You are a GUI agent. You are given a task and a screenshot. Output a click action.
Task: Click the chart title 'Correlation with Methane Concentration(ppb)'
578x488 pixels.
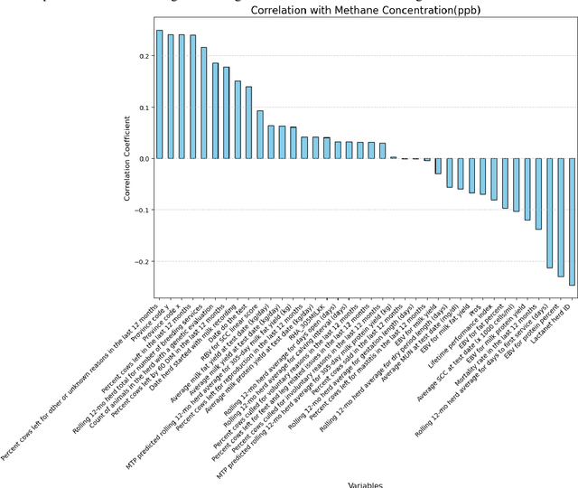[x=365, y=11]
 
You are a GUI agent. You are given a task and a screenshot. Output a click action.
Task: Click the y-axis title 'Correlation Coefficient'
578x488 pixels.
[x=127, y=159]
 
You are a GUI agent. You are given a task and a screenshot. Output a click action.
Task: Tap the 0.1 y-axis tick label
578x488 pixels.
[x=141, y=108]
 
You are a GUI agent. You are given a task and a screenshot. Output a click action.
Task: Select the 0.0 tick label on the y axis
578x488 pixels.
[x=141, y=159]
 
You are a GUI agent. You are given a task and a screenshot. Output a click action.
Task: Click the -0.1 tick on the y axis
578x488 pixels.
[x=138, y=211]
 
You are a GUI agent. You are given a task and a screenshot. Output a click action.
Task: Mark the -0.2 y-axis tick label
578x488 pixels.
[x=138, y=262]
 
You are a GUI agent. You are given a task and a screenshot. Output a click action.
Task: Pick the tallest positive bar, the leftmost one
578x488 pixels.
[x=160, y=94]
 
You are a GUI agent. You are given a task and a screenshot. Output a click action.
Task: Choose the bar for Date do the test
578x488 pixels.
[x=248, y=123]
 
